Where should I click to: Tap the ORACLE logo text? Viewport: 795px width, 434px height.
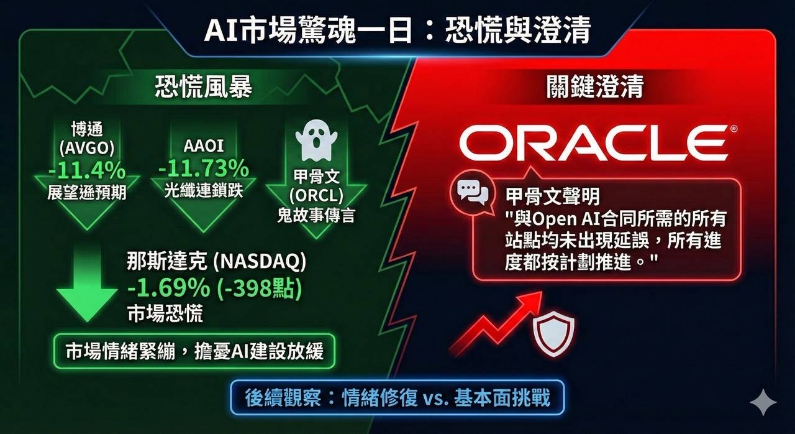tap(593, 144)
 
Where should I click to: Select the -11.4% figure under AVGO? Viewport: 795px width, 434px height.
tap(87, 170)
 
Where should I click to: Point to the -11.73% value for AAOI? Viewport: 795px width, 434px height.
tap(203, 168)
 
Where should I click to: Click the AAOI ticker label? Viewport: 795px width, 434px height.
tap(204, 145)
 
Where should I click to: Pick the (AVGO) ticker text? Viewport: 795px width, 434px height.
tap(87, 147)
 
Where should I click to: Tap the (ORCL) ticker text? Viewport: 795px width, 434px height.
tap(316, 195)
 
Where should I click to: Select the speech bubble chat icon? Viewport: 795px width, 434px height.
tap(472, 193)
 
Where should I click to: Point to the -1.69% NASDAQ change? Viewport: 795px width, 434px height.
tap(168, 287)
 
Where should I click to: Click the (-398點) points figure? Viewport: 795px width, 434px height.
tap(260, 287)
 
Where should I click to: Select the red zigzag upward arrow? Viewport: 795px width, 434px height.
tap(496, 321)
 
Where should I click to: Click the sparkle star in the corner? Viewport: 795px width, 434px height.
tap(763, 402)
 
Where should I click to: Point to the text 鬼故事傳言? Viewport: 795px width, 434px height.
tap(316, 215)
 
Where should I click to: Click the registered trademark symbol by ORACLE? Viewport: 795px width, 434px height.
tap(734, 129)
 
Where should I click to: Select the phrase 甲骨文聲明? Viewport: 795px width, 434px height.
tap(553, 196)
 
